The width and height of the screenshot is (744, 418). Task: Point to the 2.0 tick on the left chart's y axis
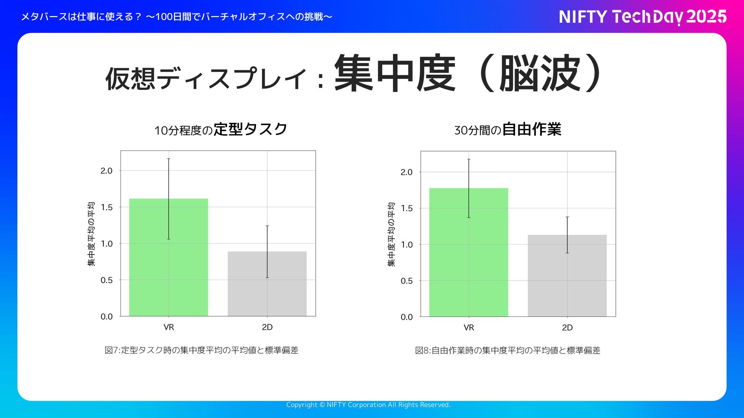[x=107, y=171]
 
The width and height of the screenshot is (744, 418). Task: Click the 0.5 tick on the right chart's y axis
[x=406, y=281]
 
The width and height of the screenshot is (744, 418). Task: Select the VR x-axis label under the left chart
[x=169, y=327]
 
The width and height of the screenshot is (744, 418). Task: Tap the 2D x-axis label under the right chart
[x=567, y=328]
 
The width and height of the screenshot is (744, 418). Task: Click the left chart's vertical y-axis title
[x=91, y=234]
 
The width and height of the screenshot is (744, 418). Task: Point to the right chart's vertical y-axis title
[x=391, y=234]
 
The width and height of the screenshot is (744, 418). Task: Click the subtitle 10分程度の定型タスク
[x=220, y=129]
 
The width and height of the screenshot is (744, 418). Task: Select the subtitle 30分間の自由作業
[x=508, y=129]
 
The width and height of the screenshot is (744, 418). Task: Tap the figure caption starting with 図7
[x=201, y=350]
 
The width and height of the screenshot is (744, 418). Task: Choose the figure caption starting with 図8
[x=508, y=351]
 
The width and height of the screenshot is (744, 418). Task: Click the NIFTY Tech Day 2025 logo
[x=642, y=17]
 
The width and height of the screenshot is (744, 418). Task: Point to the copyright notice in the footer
[x=368, y=405]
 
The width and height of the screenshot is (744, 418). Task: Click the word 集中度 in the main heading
[x=394, y=74]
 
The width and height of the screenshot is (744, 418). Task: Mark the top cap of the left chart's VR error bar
[x=169, y=159]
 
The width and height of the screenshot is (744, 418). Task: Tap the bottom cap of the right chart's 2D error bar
[x=567, y=253]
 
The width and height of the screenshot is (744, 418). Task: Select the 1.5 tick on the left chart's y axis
[x=107, y=207]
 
